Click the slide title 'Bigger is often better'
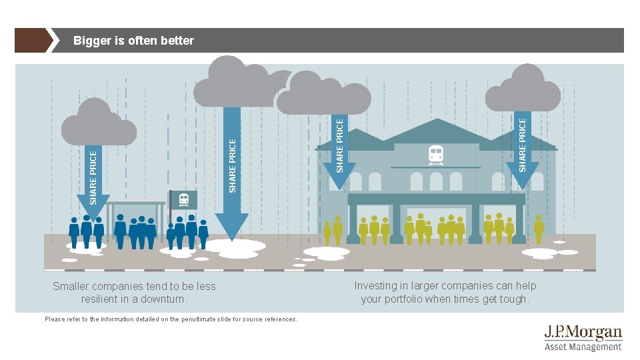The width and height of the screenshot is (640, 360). (x=133, y=41)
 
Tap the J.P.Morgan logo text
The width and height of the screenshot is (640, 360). (x=583, y=333)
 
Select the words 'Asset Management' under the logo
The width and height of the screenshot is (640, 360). (x=583, y=347)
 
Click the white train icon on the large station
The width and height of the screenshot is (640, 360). (x=436, y=155)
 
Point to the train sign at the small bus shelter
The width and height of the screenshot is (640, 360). (x=183, y=199)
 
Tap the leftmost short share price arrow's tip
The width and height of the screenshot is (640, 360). (x=93, y=215)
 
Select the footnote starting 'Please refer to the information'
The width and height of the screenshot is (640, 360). (x=171, y=319)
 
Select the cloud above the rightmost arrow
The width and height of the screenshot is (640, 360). (x=523, y=93)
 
